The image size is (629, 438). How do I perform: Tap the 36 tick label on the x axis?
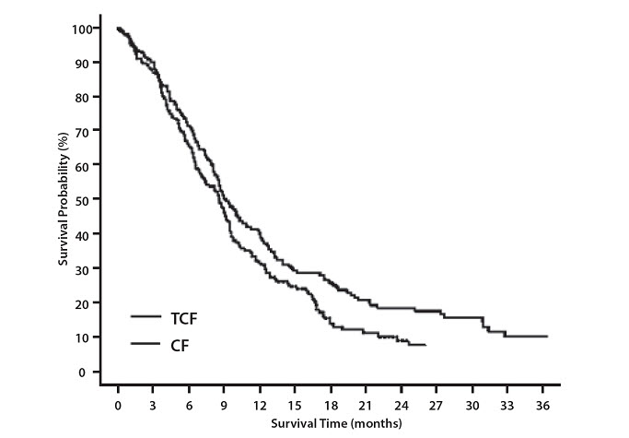pos(542,405)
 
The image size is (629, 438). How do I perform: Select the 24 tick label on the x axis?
pos(401,405)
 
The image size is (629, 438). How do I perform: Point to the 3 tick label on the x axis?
pos(154,405)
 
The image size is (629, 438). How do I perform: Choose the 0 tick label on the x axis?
pos(119,405)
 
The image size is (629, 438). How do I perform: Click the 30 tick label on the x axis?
pos(471,405)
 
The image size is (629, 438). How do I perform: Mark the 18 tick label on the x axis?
pos(330,405)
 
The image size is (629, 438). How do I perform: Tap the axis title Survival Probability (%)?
pos(64,200)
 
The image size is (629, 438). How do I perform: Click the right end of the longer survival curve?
pos(548,337)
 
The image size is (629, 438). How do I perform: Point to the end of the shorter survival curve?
pos(425,345)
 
